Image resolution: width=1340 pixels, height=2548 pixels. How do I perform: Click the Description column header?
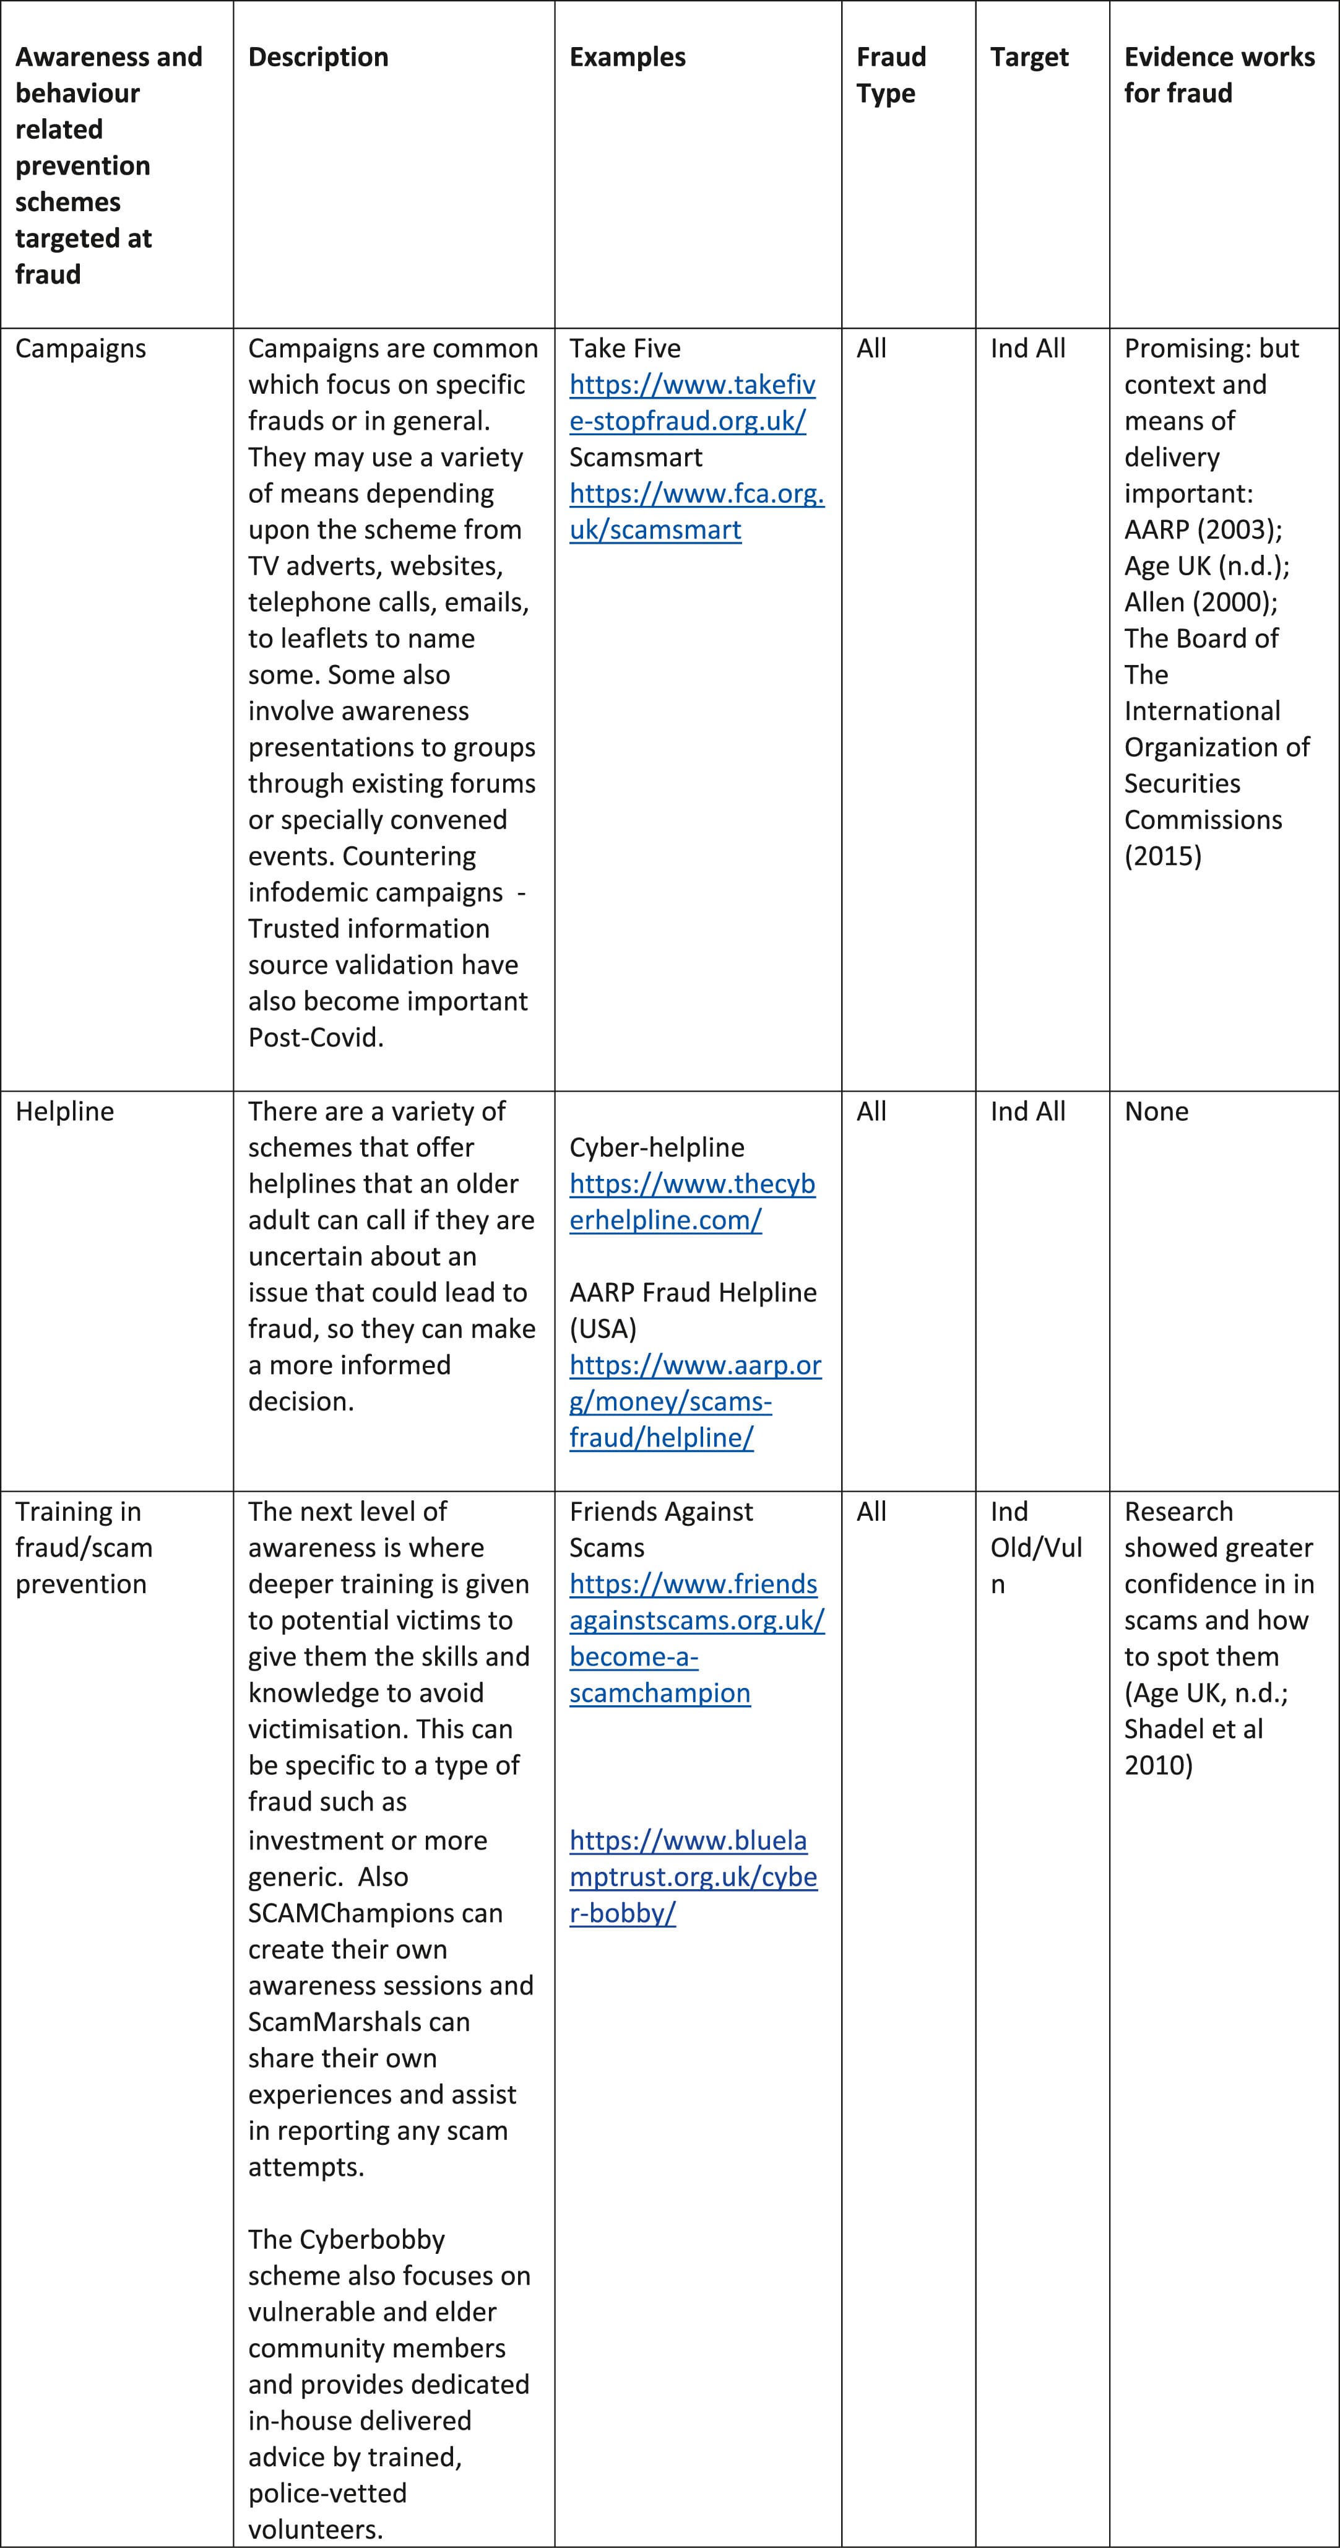click(318, 58)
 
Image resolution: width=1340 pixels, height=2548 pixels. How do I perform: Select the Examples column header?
click(627, 58)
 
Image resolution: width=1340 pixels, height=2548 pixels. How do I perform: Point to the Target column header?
click(1029, 58)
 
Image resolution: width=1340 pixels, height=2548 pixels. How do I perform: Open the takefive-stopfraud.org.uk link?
click(691, 402)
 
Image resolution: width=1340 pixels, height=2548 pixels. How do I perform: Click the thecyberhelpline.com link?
click(691, 1202)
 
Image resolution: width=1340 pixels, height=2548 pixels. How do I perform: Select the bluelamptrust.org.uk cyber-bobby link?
click(692, 1876)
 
